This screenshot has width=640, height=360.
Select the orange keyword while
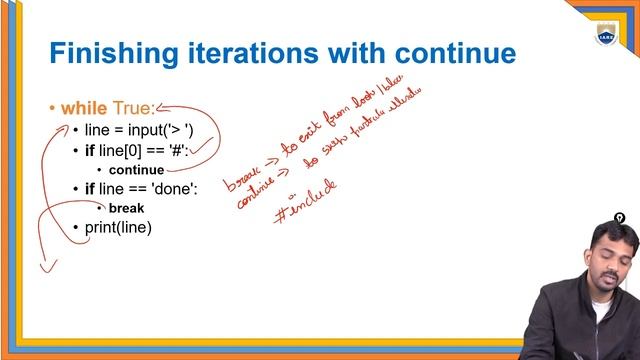[84, 108]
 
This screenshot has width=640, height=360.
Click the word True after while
[134, 108]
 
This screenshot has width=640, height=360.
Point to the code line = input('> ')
[140, 131]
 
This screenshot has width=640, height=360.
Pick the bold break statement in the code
[126, 208]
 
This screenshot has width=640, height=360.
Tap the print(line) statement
[118, 228]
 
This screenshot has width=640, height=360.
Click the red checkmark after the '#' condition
[205, 149]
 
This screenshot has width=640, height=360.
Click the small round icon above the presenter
[619, 218]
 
